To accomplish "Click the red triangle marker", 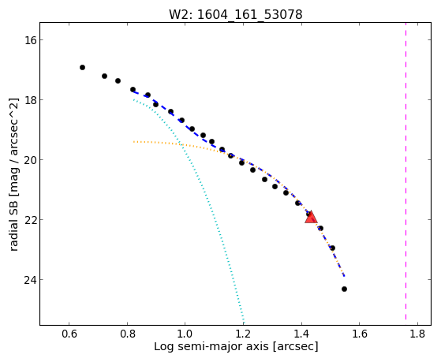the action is tap(311, 217).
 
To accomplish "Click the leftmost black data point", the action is tap(82, 68).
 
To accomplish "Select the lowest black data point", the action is tap(344, 289).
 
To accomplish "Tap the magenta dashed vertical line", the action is tap(405, 171).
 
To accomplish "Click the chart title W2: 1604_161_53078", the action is tap(236, 15).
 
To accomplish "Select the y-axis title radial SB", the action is tap(14, 174).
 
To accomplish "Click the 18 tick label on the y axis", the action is tap(30, 100).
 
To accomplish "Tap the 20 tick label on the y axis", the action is tap(30, 160).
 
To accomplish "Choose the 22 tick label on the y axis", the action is tap(30, 220).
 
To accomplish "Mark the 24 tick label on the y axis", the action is tap(30, 280).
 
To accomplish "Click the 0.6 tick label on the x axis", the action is tap(69, 334).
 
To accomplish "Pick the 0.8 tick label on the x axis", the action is tap(127, 334).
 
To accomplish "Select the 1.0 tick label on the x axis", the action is tap(185, 334).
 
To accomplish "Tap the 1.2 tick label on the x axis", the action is tap(243, 334).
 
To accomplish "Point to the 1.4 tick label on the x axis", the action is tap(301, 334).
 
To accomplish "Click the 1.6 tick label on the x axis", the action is tap(360, 334).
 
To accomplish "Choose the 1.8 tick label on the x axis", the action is tap(417, 334).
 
